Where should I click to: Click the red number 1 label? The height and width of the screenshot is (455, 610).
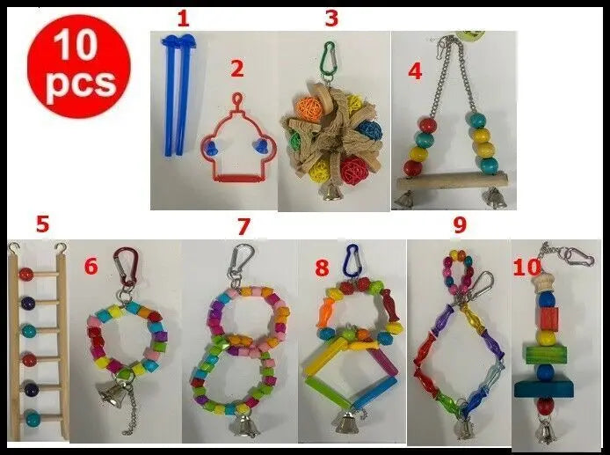pos(183,18)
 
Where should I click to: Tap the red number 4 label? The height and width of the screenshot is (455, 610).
pos(415,71)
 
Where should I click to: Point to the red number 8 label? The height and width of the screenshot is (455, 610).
pos(322,268)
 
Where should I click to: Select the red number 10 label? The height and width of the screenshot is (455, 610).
pos(526,267)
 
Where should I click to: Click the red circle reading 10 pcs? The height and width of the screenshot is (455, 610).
pos(78,66)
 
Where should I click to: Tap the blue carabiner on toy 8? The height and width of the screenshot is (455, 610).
pos(352,261)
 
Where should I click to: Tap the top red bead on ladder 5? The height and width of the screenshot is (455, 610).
pos(26,275)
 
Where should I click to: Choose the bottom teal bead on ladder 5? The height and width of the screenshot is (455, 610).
pos(33,418)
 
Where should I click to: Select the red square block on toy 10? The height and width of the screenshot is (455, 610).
pos(547,318)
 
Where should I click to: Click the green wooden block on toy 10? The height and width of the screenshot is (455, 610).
pos(546,354)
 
